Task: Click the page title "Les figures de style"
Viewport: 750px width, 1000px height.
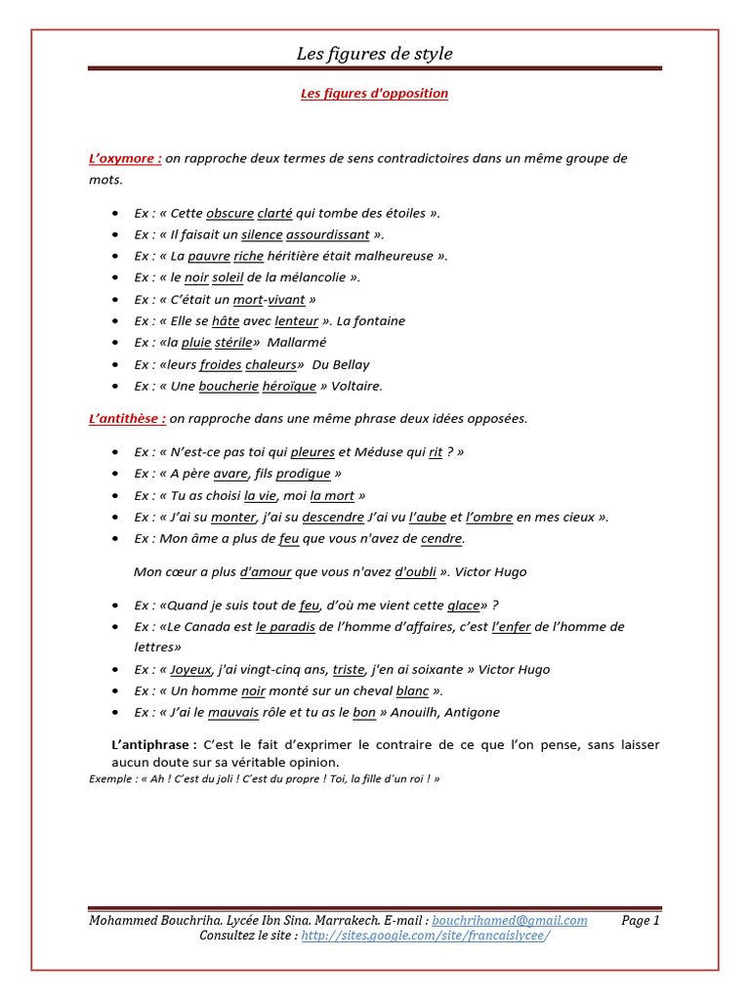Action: click(x=374, y=54)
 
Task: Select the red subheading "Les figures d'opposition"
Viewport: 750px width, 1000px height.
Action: click(x=373, y=94)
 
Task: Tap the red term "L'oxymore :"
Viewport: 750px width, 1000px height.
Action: click(x=125, y=158)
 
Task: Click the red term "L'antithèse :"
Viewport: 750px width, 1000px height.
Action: click(x=127, y=418)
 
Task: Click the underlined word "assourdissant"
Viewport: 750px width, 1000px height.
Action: click(x=328, y=234)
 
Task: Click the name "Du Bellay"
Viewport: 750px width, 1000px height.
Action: click(x=341, y=364)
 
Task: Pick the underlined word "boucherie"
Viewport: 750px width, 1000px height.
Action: click(x=229, y=386)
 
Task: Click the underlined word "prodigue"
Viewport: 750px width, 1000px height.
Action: click(x=304, y=474)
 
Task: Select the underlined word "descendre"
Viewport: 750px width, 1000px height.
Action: click(x=333, y=517)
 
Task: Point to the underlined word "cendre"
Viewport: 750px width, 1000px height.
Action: click(x=441, y=538)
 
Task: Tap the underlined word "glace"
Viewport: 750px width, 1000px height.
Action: click(x=464, y=604)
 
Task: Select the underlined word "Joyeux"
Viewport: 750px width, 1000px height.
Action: click(x=190, y=669)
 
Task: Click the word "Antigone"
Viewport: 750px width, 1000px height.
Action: click(x=472, y=712)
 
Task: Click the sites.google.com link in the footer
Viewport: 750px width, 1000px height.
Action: click(x=425, y=936)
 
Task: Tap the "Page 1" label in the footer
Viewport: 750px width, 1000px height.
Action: click(x=641, y=920)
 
